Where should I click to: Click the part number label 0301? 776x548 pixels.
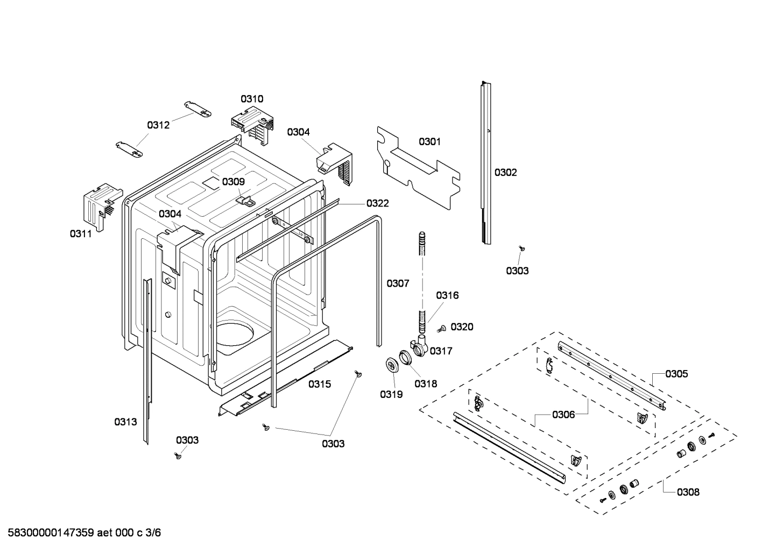point(429,141)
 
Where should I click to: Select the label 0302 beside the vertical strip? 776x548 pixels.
point(505,173)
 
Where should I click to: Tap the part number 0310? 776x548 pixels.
point(252,98)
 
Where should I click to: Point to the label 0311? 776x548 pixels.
point(81,233)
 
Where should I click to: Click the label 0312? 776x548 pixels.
point(158,125)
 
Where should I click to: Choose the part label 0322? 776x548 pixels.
point(377,203)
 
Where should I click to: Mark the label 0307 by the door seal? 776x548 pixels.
point(398,283)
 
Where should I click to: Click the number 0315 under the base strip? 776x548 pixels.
point(320,384)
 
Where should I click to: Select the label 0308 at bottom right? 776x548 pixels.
point(688,492)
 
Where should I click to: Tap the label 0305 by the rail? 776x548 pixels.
point(676,374)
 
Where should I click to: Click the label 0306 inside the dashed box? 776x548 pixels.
point(563,415)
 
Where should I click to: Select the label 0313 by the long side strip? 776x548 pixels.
point(125,422)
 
